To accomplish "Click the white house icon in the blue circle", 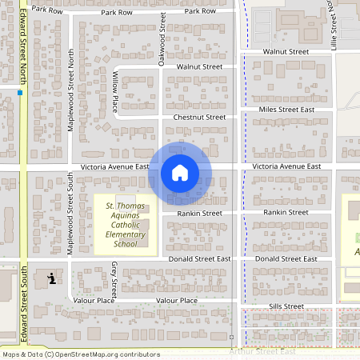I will click(180, 172).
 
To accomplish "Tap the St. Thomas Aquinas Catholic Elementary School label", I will click(126, 220).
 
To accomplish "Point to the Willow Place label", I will click(114, 91).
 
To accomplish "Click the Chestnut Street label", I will click(200, 117).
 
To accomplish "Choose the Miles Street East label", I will click(286, 109).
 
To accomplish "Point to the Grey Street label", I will click(114, 278).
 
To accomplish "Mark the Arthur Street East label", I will click(262, 352).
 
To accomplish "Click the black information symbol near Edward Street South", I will click(52, 278).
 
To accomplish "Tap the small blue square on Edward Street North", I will click(19, 93).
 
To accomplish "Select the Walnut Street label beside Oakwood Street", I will click(199, 67).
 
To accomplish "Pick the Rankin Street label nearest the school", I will click(199, 214).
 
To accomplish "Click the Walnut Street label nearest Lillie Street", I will click(286, 51).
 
